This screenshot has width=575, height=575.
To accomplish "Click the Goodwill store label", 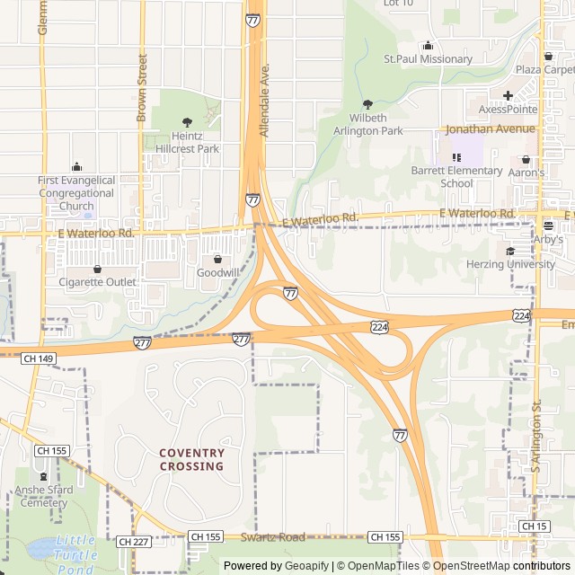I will coord(217,272).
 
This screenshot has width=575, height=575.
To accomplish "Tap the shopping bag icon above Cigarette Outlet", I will coord(97,269).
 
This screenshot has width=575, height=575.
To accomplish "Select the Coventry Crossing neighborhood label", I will coord(191,459).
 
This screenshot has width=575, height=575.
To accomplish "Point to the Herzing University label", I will coord(510,264).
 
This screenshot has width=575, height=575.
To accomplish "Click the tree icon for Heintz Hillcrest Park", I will coord(187,122).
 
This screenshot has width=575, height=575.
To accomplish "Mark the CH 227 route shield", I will coord(132,541).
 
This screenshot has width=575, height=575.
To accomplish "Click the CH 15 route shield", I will coord(535,526).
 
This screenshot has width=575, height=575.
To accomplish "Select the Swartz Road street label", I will coord(273,536).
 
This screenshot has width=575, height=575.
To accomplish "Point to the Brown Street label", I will coord(142,86).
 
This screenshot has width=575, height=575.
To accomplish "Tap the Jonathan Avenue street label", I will coord(491,128).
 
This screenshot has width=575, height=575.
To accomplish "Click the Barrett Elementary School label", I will coord(456,177).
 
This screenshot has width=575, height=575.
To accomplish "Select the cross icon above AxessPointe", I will coord(508,95).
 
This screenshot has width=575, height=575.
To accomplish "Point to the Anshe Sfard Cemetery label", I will coord(41,496).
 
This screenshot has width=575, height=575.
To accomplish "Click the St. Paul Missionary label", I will coord(428,59).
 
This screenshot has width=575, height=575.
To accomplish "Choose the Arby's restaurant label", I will coord(547,240).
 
